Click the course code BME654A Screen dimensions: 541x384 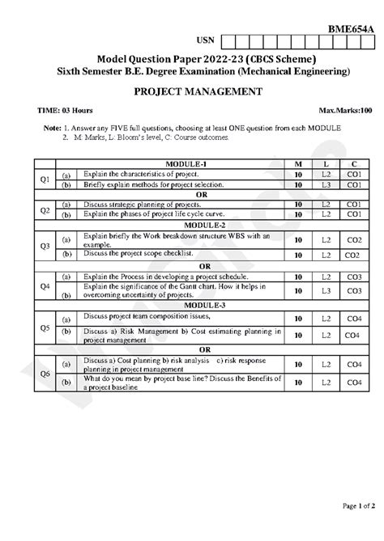click(349, 27)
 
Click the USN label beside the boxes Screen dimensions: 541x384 click(206, 40)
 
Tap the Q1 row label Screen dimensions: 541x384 click(45, 179)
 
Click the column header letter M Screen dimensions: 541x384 click(299, 164)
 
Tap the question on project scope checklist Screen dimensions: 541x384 click(147, 254)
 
